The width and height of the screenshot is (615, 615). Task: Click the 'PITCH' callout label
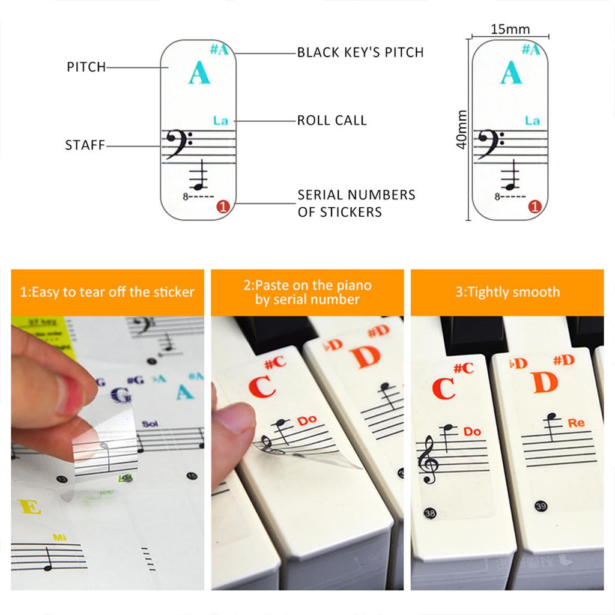point(86,67)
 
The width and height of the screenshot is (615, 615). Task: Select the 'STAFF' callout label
point(85,145)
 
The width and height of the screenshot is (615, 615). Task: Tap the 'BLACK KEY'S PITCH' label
point(360,52)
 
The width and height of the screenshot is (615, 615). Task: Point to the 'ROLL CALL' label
point(332,120)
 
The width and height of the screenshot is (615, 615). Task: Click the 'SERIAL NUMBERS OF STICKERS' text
point(356,204)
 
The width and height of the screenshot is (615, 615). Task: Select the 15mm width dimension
point(510,29)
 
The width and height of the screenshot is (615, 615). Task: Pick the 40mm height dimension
point(461,130)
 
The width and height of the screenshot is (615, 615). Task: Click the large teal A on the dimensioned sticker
point(510,73)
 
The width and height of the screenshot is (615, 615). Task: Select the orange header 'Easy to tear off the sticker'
point(108,292)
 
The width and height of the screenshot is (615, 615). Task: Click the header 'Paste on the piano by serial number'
point(307,292)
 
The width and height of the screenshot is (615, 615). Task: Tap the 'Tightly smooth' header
point(507,292)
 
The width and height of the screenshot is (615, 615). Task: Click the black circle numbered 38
point(429,513)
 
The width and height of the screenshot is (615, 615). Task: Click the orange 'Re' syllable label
point(576,423)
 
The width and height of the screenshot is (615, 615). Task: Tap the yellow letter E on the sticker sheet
point(30,507)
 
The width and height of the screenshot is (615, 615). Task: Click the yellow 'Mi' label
point(59,538)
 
